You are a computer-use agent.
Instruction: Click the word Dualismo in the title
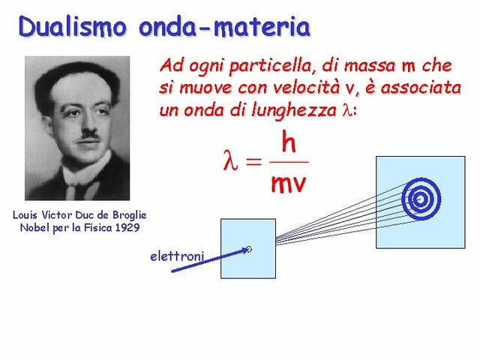point(74,27)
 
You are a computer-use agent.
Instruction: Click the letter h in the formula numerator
point(287,142)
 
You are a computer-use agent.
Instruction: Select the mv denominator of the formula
point(287,182)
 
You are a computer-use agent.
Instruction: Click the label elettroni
point(177,256)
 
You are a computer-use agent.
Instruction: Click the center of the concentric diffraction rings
point(419,199)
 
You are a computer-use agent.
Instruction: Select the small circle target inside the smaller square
point(249,250)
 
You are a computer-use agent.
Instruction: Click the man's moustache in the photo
point(88,134)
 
